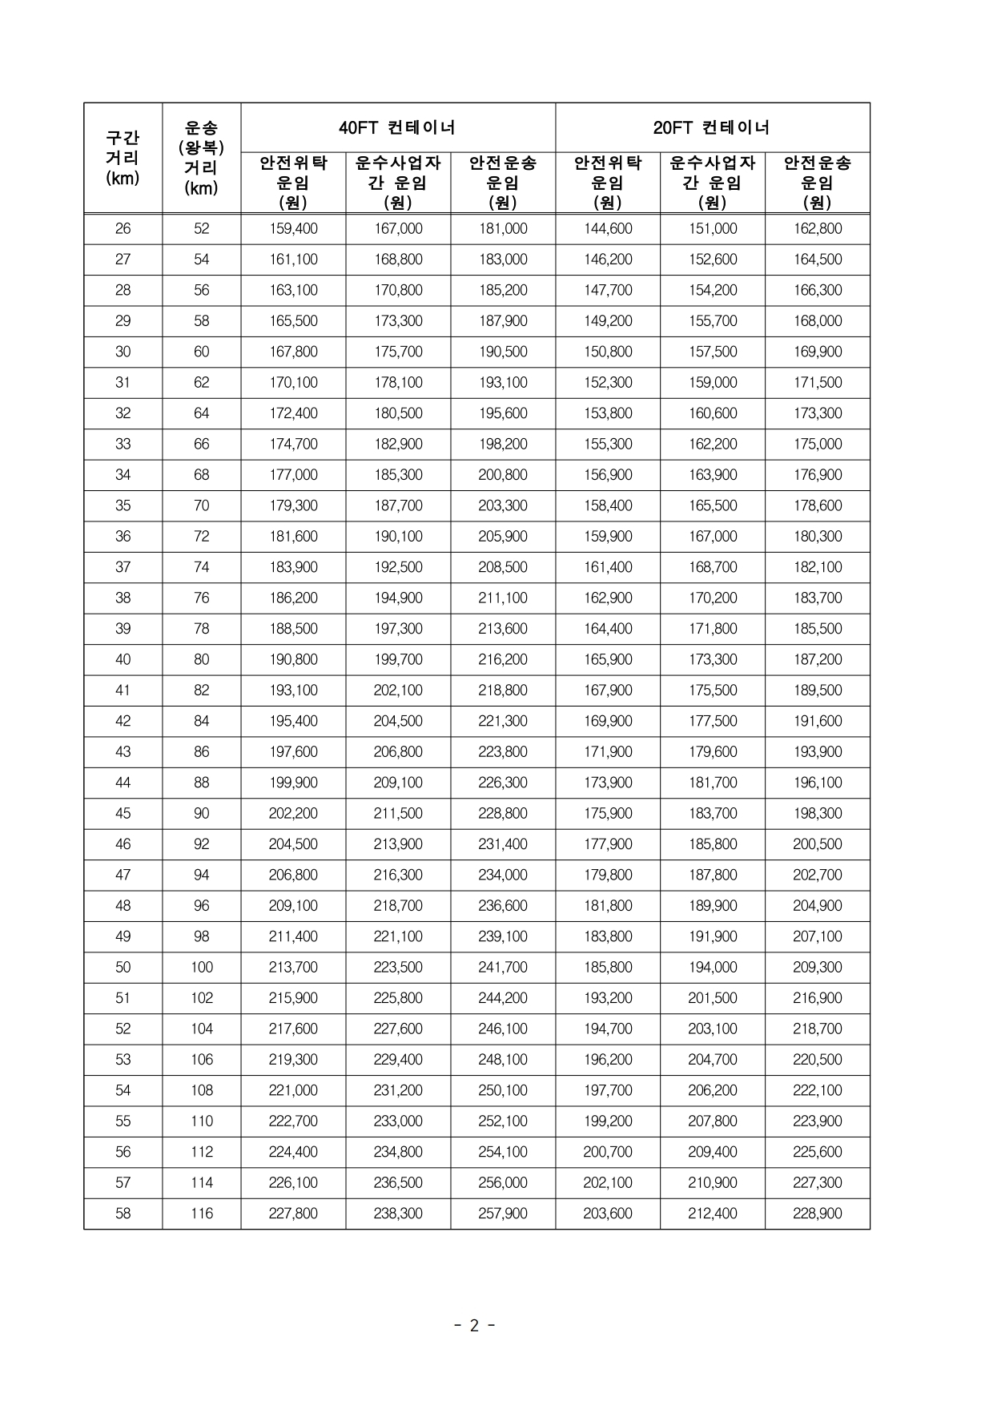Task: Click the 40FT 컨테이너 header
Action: coord(397,127)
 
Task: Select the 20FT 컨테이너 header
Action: coord(712,127)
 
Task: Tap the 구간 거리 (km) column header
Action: coord(123,158)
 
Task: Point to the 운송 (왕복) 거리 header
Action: coord(201,158)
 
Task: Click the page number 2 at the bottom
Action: coord(474,1326)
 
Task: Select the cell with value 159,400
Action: coord(293,229)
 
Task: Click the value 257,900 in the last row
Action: coord(503,1214)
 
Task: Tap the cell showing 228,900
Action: coord(818,1214)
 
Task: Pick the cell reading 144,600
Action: coord(608,229)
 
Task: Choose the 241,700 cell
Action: coord(503,968)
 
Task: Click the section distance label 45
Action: coord(123,814)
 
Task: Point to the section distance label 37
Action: coord(123,568)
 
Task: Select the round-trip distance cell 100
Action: coord(201,968)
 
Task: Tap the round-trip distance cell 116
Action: coord(201,1214)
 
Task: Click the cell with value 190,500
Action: coord(503,352)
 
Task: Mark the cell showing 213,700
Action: coord(293,968)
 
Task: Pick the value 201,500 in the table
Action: coord(713,998)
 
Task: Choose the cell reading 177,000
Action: coord(293,475)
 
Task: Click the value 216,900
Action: coord(818,998)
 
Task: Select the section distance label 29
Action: coord(123,321)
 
